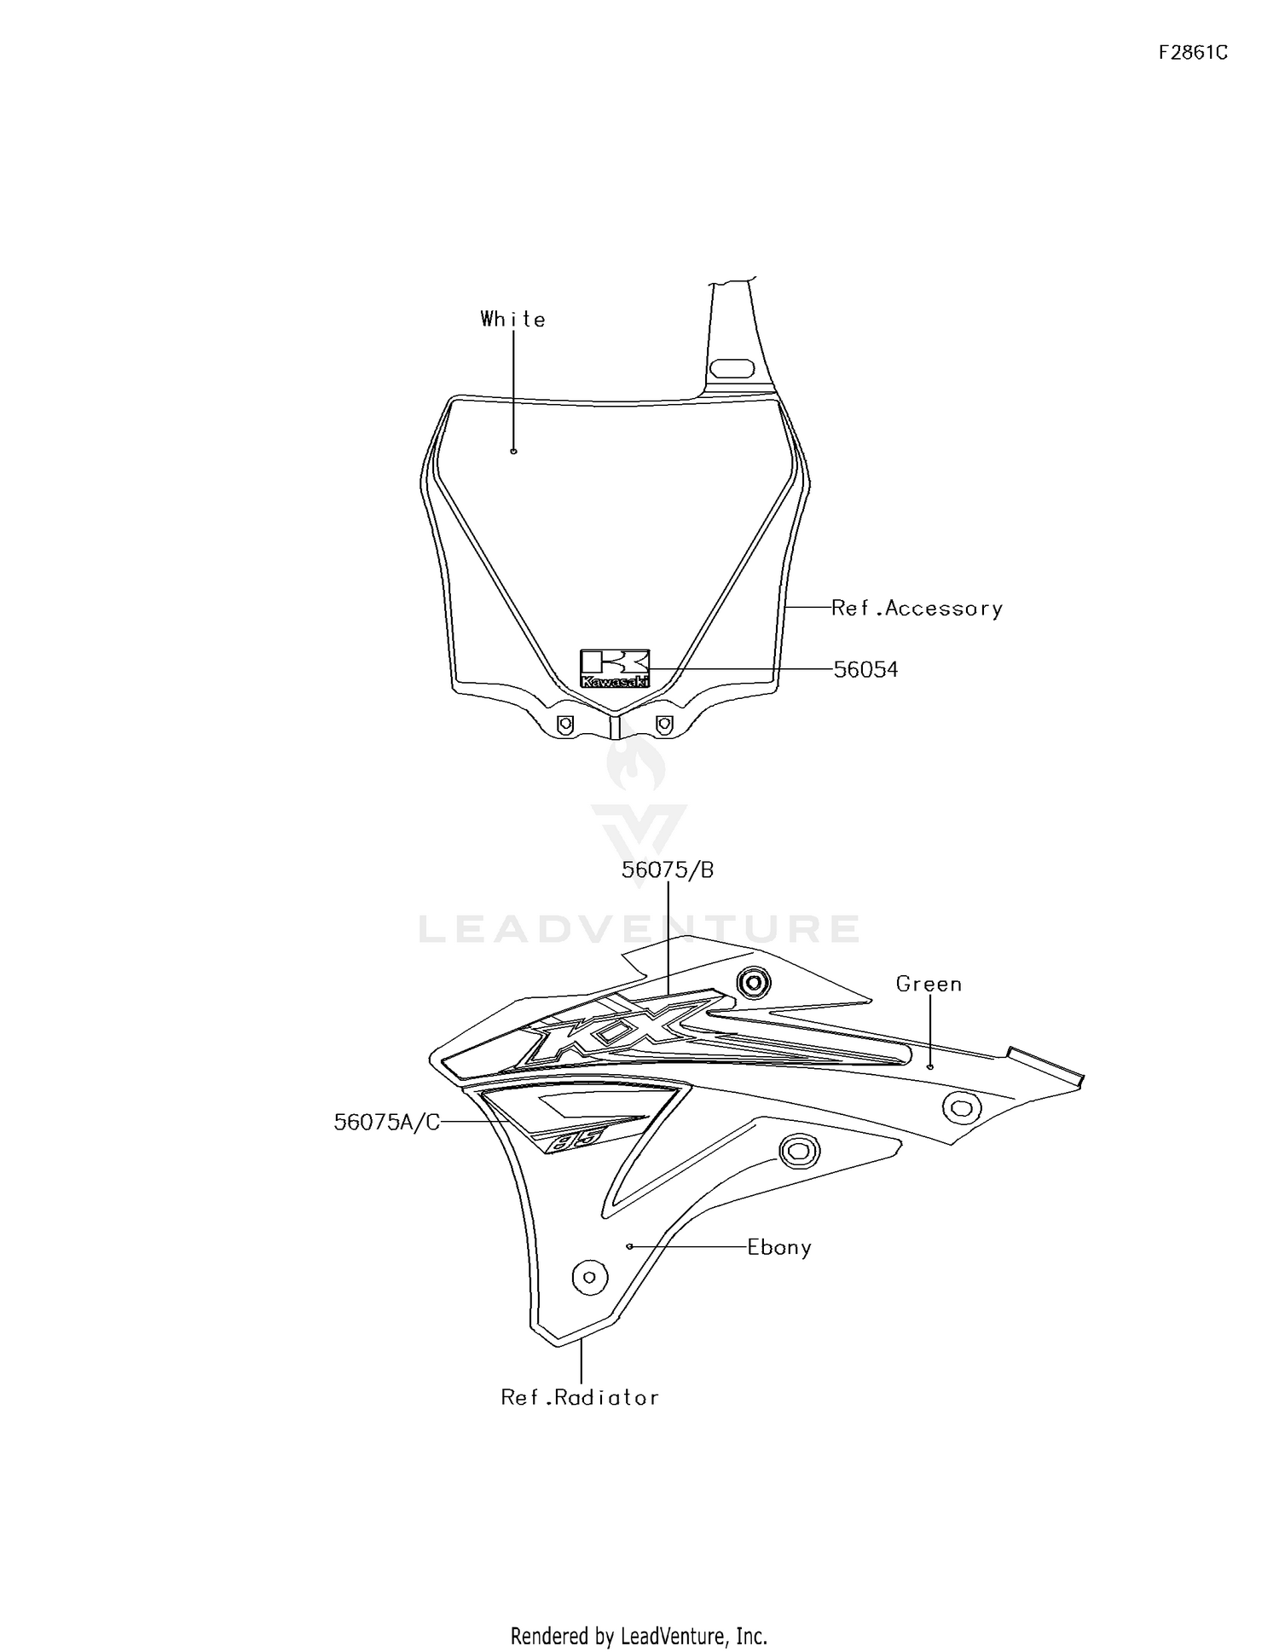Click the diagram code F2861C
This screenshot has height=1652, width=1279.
pyautogui.click(x=1193, y=53)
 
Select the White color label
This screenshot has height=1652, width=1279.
pyautogui.click(x=512, y=319)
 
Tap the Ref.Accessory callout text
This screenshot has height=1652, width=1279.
pyautogui.click(x=917, y=608)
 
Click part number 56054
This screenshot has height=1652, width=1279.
pyautogui.click(x=865, y=670)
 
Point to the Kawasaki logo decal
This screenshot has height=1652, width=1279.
pyautogui.click(x=615, y=669)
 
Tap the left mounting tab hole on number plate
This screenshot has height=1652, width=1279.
pyautogui.click(x=564, y=724)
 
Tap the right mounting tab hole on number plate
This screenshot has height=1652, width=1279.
pyautogui.click(x=664, y=724)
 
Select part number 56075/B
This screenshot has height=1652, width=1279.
pyautogui.click(x=668, y=870)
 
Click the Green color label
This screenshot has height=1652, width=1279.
pyautogui.click(x=929, y=984)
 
